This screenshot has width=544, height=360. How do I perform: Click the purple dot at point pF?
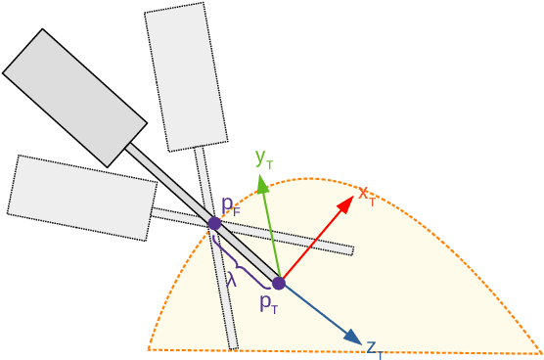point(214,223)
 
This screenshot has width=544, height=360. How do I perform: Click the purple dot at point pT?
point(279,283)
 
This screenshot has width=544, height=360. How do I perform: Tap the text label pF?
point(230,205)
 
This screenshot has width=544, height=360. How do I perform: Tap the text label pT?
point(269,303)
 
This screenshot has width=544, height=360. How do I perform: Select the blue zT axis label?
point(374,348)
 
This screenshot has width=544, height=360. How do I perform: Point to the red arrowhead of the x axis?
point(346,202)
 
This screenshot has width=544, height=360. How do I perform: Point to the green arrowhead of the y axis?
point(262,183)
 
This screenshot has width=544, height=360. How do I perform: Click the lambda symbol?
point(231,279)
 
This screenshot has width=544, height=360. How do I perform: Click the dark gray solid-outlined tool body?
point(75,98)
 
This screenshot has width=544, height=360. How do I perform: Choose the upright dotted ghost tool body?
point(186,76)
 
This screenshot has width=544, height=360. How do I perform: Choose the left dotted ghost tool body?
point(82,198)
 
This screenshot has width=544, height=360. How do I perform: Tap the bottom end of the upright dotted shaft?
point(233,347)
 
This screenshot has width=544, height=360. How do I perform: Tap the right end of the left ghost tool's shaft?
point(351,250)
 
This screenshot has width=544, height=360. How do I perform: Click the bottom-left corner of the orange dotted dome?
point(149,348)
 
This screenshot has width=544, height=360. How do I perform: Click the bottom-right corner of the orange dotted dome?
point(540,353)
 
